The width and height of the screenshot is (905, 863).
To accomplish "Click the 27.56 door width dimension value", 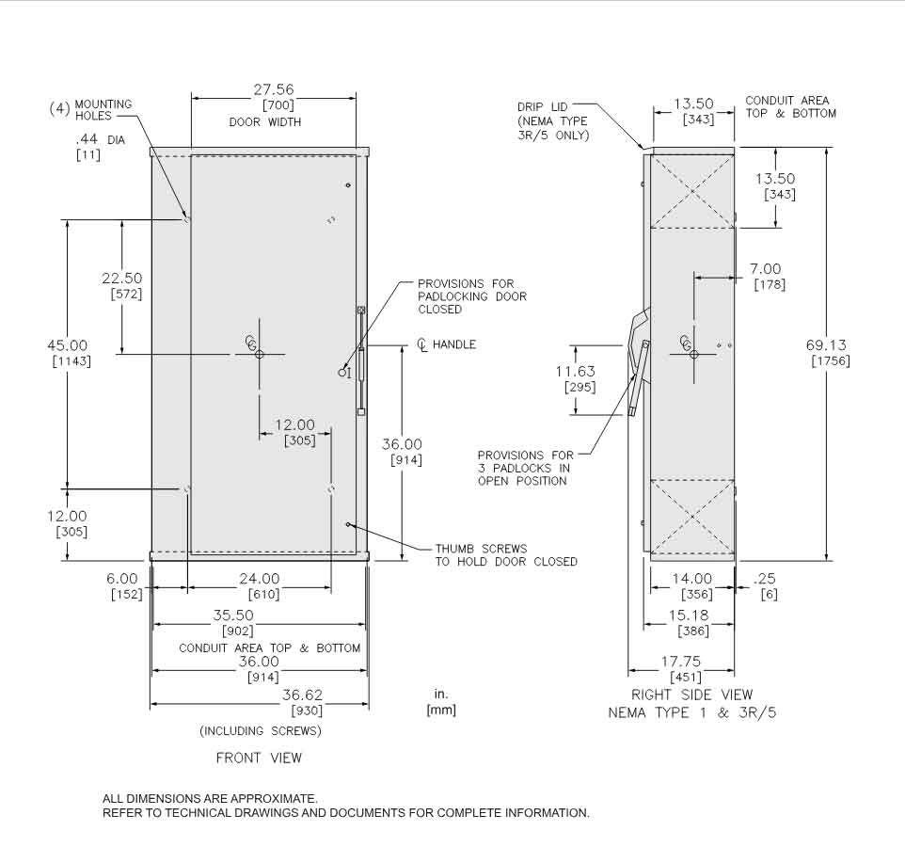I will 274,90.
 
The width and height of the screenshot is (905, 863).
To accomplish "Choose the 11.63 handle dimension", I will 575,371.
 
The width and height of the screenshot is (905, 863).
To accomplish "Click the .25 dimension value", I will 765,579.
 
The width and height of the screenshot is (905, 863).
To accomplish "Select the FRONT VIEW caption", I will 259,758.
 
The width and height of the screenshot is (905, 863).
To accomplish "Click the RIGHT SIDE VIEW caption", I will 691,695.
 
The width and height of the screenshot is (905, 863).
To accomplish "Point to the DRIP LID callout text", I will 543,106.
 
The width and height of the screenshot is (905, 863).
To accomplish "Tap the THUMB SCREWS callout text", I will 481,549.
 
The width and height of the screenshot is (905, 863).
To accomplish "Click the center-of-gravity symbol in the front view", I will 257,349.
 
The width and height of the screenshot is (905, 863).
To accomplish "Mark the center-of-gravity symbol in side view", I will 691,349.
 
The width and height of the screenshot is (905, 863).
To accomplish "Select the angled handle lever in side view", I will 639,376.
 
